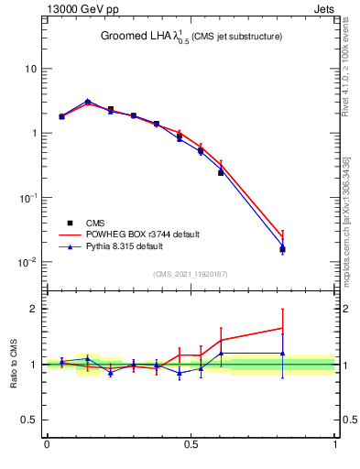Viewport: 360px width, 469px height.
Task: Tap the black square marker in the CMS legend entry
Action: (70, 223)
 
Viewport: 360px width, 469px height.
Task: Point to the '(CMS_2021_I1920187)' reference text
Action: (191, 274)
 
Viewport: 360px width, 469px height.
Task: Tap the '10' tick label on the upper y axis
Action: (31, 70)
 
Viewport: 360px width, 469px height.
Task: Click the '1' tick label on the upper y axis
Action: (34, 134)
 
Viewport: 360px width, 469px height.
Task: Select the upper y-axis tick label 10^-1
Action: (28, 197)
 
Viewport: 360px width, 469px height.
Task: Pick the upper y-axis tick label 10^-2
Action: (28, 262)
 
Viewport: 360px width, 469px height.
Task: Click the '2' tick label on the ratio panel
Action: (34, 309)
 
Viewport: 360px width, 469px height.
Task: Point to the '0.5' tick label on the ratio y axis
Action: (29, 420)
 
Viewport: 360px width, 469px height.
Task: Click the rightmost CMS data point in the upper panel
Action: (283, 249)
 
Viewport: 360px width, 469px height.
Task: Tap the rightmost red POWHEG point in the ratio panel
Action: (283, 328)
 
